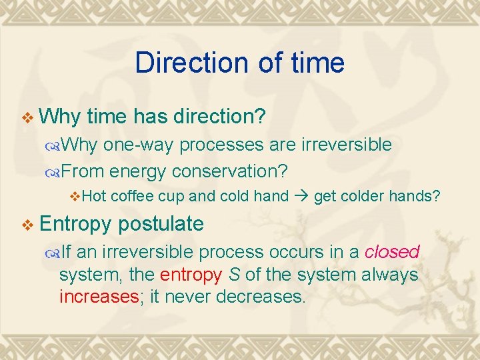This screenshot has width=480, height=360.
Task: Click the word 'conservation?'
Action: pyautogui.click(x=229, y=171)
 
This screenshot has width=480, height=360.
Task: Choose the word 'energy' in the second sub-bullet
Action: pyautogui.click(x=138, y=171)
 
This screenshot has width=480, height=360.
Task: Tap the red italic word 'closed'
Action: pyautogui.click(x=391, y=252)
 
